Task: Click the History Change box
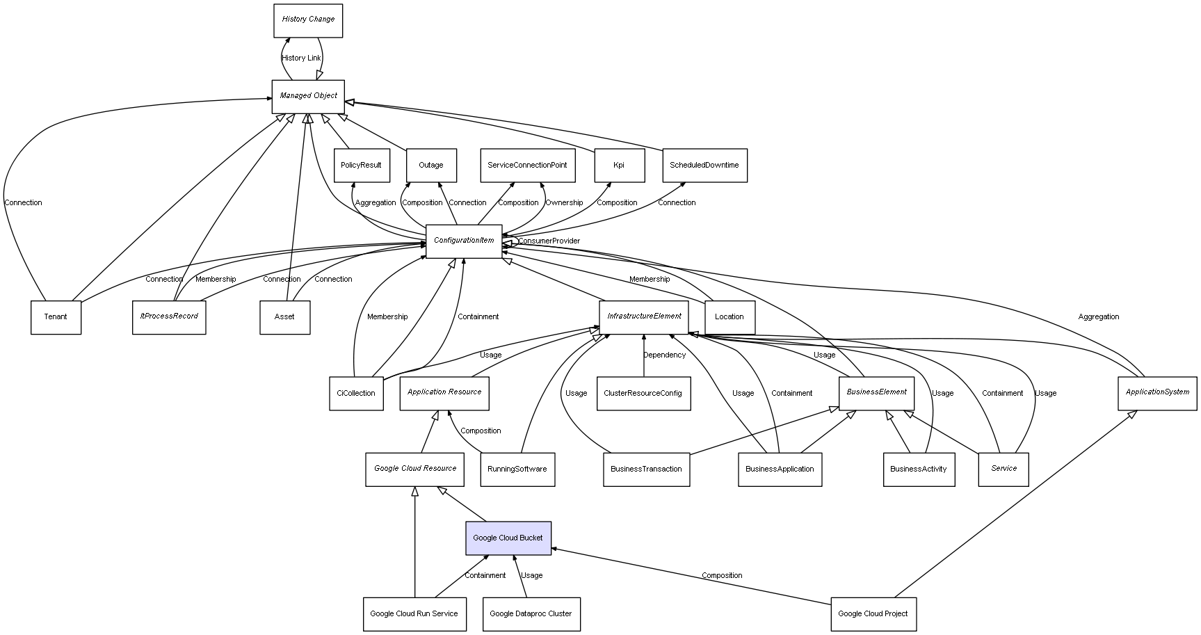tap(308, 20)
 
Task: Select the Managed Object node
tap(308, 96)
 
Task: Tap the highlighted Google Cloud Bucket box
tap(508, 538)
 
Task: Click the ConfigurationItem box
tap(464, 241)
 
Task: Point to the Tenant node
tap(56, 317)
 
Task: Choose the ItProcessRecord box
tap(169, 316)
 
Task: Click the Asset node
tap(284, 317)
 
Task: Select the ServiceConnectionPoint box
tap(527, 166)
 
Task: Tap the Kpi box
tap(619, 166)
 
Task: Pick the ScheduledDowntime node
tap(704, 166)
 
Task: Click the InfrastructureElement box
tap(644, 316)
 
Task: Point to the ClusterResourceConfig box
tap(643, 393)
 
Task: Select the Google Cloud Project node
tap(873, 614)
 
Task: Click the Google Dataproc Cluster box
tap(531, 614)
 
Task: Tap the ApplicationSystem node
tap(1157, 392)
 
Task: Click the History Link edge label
tap(302, 58)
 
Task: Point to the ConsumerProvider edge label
tap(549, 241)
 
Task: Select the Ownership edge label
tap(564, 203)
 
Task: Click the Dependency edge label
tap(664, 355)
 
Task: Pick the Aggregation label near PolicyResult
tap(376, 203)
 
